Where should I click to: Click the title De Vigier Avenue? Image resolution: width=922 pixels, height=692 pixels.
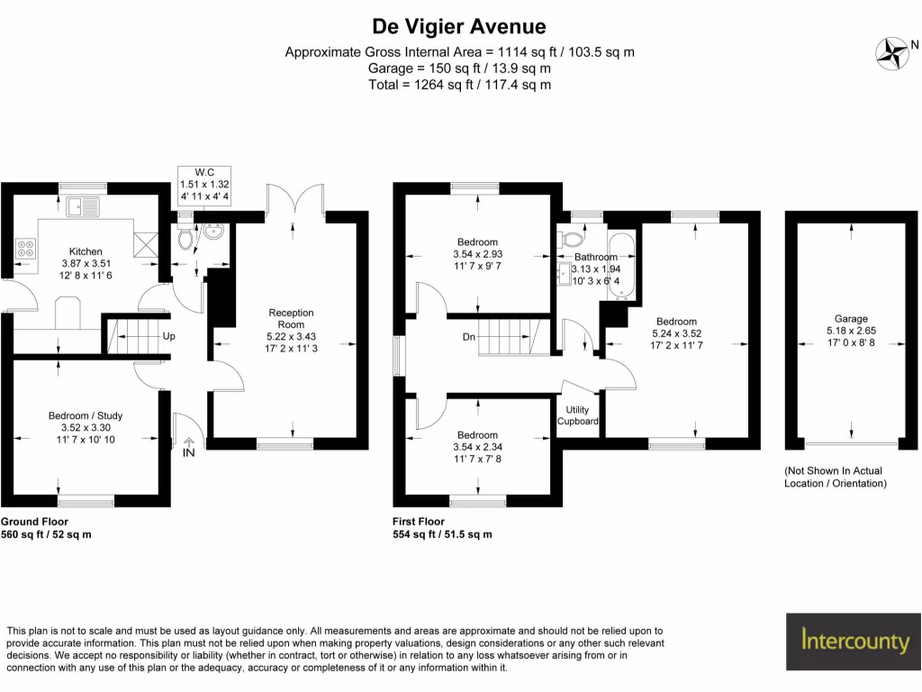pyautogui.click(x=459, y=26)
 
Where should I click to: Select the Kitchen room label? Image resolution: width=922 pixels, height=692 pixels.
pyautogui.click(x=86, y=251)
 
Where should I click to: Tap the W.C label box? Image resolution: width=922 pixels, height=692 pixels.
pyautogui.click(x=204, y=184)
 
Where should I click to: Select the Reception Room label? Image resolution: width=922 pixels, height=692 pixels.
pyautogui.click(x=292, y=318)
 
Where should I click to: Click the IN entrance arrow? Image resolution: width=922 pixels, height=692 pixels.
pyautogui.click(x=189, y=448)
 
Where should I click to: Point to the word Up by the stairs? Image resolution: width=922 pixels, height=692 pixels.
pyautogui.click(x=168, y=337)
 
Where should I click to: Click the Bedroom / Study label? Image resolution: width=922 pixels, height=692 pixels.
pyautogui.click(x=86, y=415)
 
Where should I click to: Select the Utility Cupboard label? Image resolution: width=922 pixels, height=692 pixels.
pyautogui.click(x=577, y=415)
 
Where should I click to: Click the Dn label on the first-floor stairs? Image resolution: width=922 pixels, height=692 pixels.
pyautogui.click(x=467, y=337)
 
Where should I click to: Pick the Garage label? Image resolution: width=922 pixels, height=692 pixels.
pyautogui.click(x=851, y=319)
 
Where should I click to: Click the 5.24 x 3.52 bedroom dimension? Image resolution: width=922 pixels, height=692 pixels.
pyautogui.click(x=676, y=333)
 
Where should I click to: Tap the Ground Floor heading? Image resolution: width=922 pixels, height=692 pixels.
pyautogui.click(x=34, y=522)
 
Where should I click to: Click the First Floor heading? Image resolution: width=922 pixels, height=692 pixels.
pyautogui.click(x=419, y=522)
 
